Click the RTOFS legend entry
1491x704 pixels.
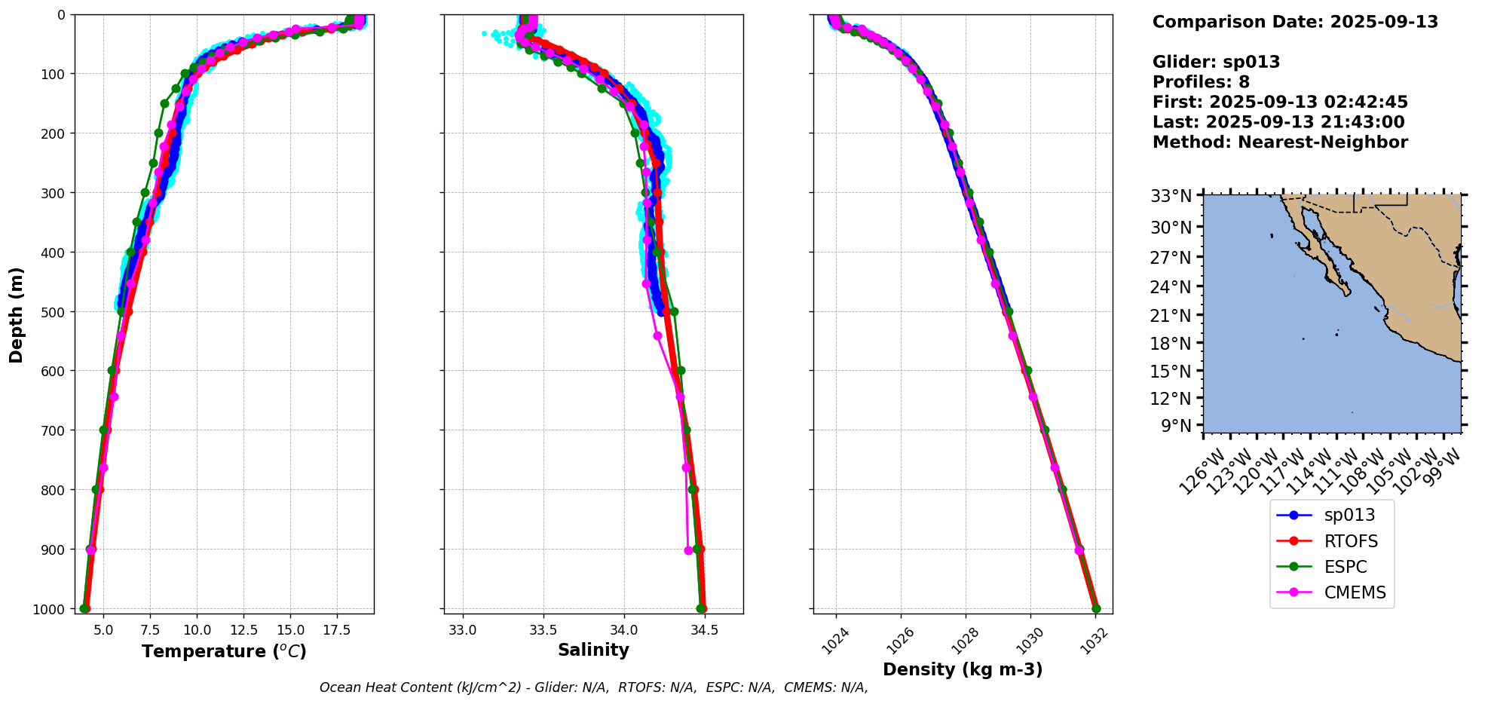(x=1350, y=541)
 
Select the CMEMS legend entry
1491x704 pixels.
(x=1355, y=592)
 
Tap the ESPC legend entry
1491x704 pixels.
(x=1345, y=567)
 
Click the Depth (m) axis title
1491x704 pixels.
(x=17, y=314)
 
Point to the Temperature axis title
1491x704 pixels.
(x=224, y=651)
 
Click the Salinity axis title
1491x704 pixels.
(x=593, y=650)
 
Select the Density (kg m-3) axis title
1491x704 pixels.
(x=963, y=669)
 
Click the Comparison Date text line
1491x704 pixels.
(x=1295, y=22)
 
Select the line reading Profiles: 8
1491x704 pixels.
(x=1201, y=82)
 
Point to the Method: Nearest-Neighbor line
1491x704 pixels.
(x=1280, y=142)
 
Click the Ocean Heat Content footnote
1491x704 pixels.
(x=593, y=687)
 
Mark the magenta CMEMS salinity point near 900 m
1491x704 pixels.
(x=688, y=550)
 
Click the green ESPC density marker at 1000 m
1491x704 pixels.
(x=1096, y=608)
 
